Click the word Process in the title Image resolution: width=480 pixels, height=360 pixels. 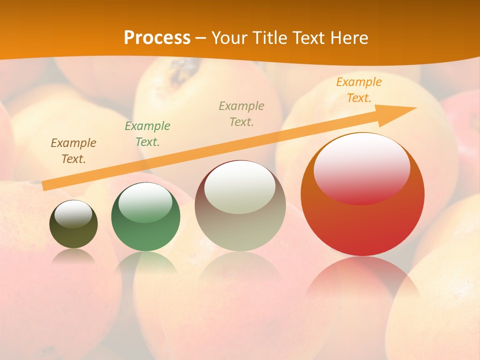click(157, 37)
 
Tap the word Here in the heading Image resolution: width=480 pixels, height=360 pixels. click(347, 37)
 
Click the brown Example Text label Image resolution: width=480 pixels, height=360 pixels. click(73, 151)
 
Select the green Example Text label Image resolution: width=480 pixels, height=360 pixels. click(147, 134)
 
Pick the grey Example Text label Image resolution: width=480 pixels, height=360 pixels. click(241, 113)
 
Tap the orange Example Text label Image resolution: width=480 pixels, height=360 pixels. click(359, 90)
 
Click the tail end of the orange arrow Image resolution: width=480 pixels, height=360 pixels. click(44, 186)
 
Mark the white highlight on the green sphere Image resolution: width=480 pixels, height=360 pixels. click(145, 202)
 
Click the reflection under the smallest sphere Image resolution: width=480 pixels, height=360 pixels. click(73, 256)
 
